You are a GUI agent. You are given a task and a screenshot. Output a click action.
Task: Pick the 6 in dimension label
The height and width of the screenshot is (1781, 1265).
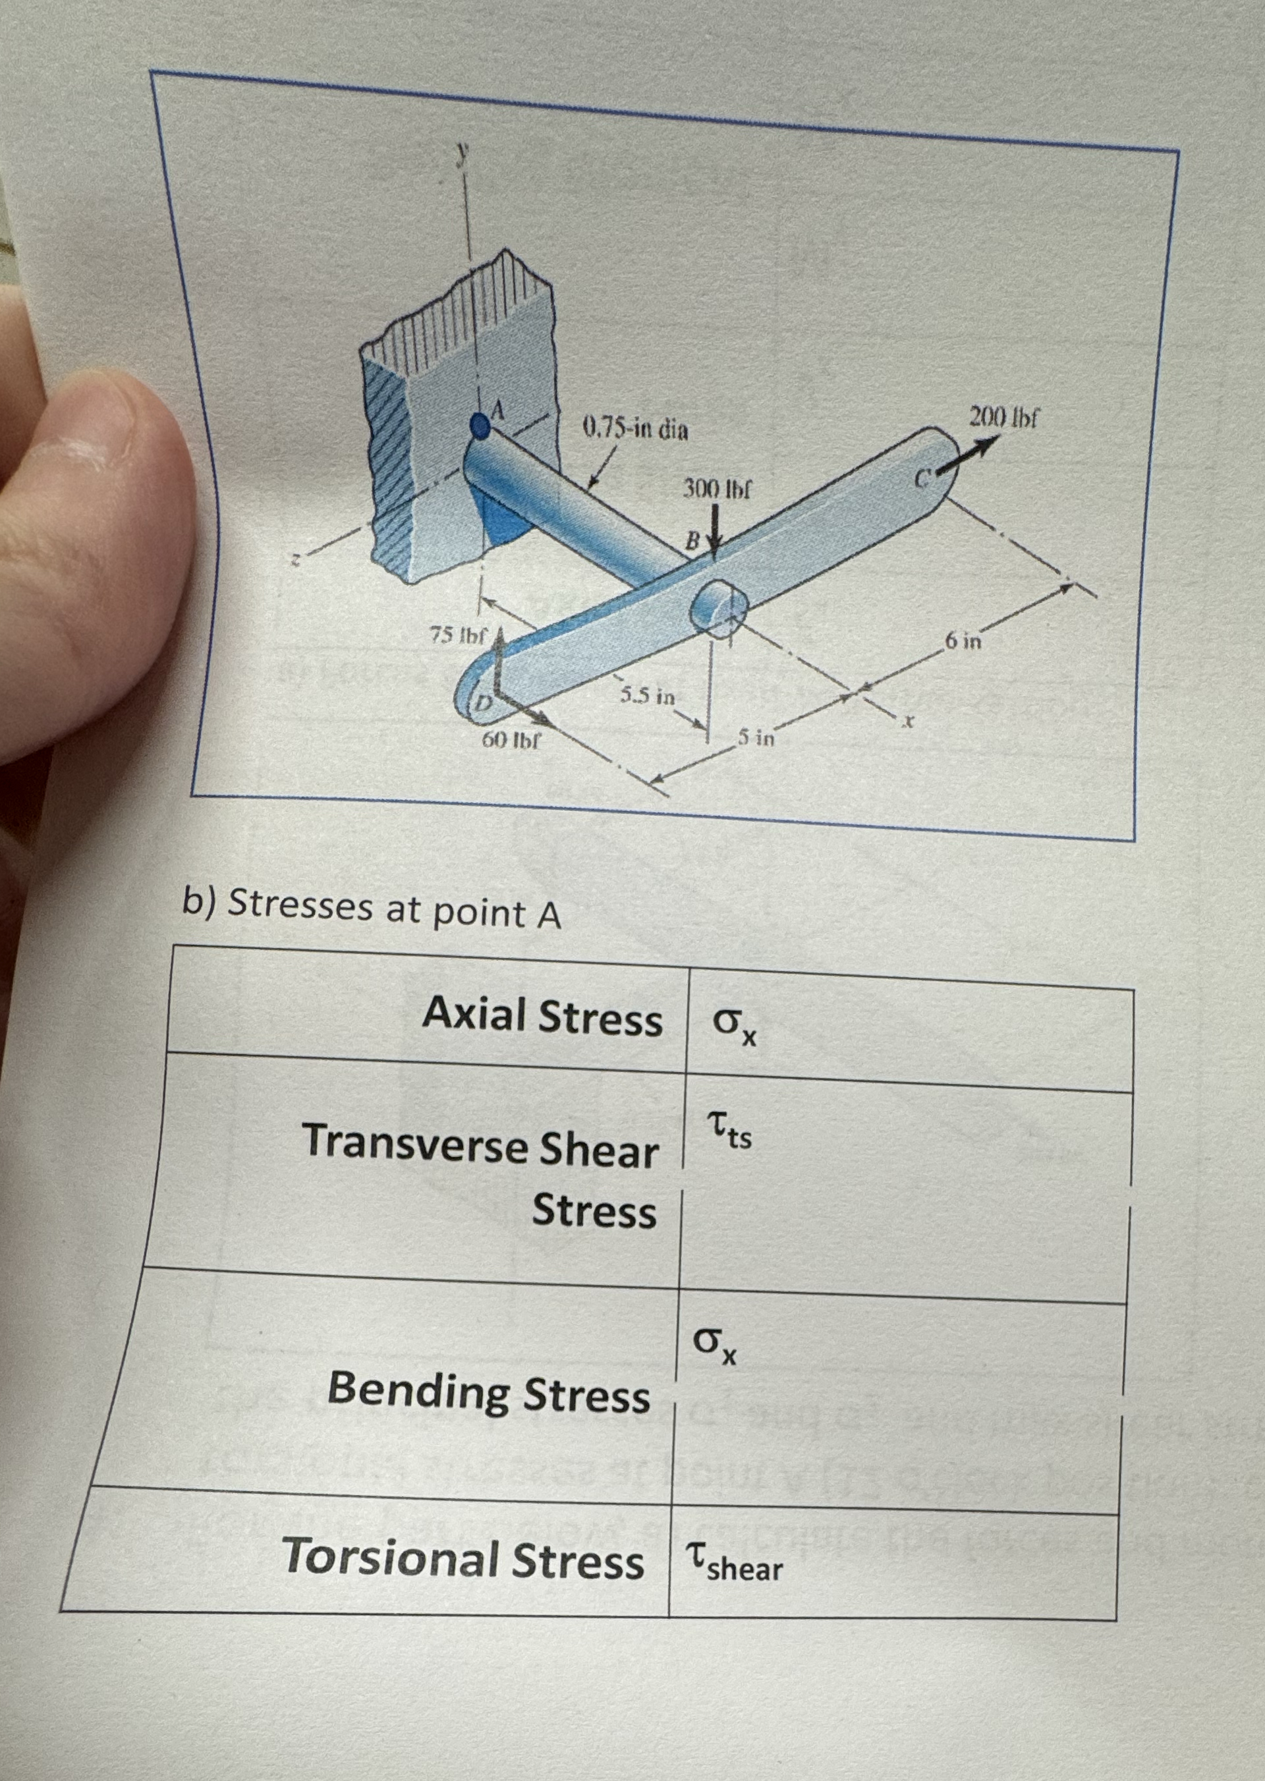[963, 642]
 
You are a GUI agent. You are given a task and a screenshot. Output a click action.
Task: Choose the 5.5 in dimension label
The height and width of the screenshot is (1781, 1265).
[646, 695]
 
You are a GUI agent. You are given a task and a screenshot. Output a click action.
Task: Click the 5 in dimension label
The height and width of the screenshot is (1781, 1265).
[756, 736]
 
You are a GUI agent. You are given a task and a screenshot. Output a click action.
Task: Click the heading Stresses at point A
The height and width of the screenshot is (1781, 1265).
[372, 909]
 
